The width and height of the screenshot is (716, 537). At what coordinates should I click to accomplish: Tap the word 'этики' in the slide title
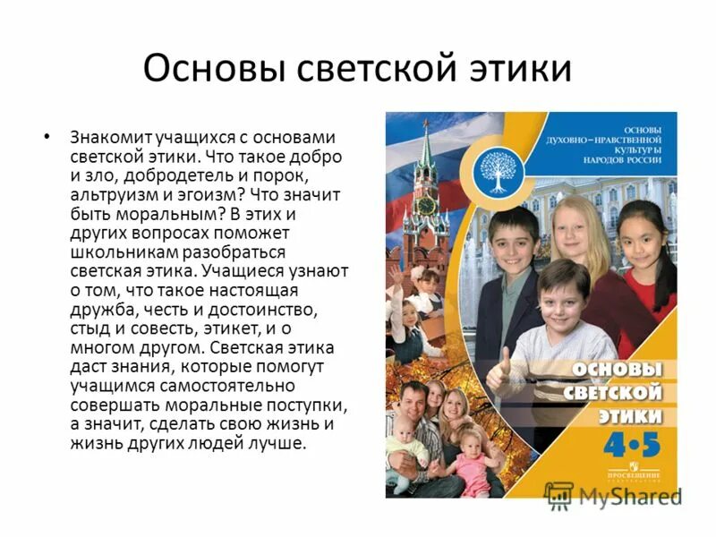[x=513, y=69]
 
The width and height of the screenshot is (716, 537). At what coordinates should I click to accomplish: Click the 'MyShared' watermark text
[x=630, y=497]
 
